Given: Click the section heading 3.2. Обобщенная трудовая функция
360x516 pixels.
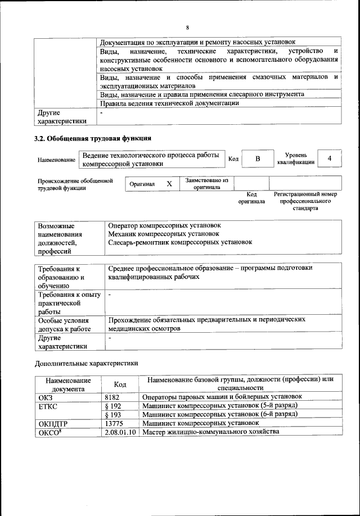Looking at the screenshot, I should tap(93, 138).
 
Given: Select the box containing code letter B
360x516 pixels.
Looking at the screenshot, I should tap(258, 159).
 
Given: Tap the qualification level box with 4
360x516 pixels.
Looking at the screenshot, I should tap(330, 159).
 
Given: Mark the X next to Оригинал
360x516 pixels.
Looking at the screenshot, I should tap(169, 184).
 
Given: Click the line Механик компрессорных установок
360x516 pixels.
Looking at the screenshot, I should tap(164, 233).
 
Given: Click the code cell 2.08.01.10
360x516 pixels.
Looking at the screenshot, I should tap(121, 432).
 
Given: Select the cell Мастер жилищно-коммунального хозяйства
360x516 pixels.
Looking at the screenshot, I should tap(210, 432).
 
